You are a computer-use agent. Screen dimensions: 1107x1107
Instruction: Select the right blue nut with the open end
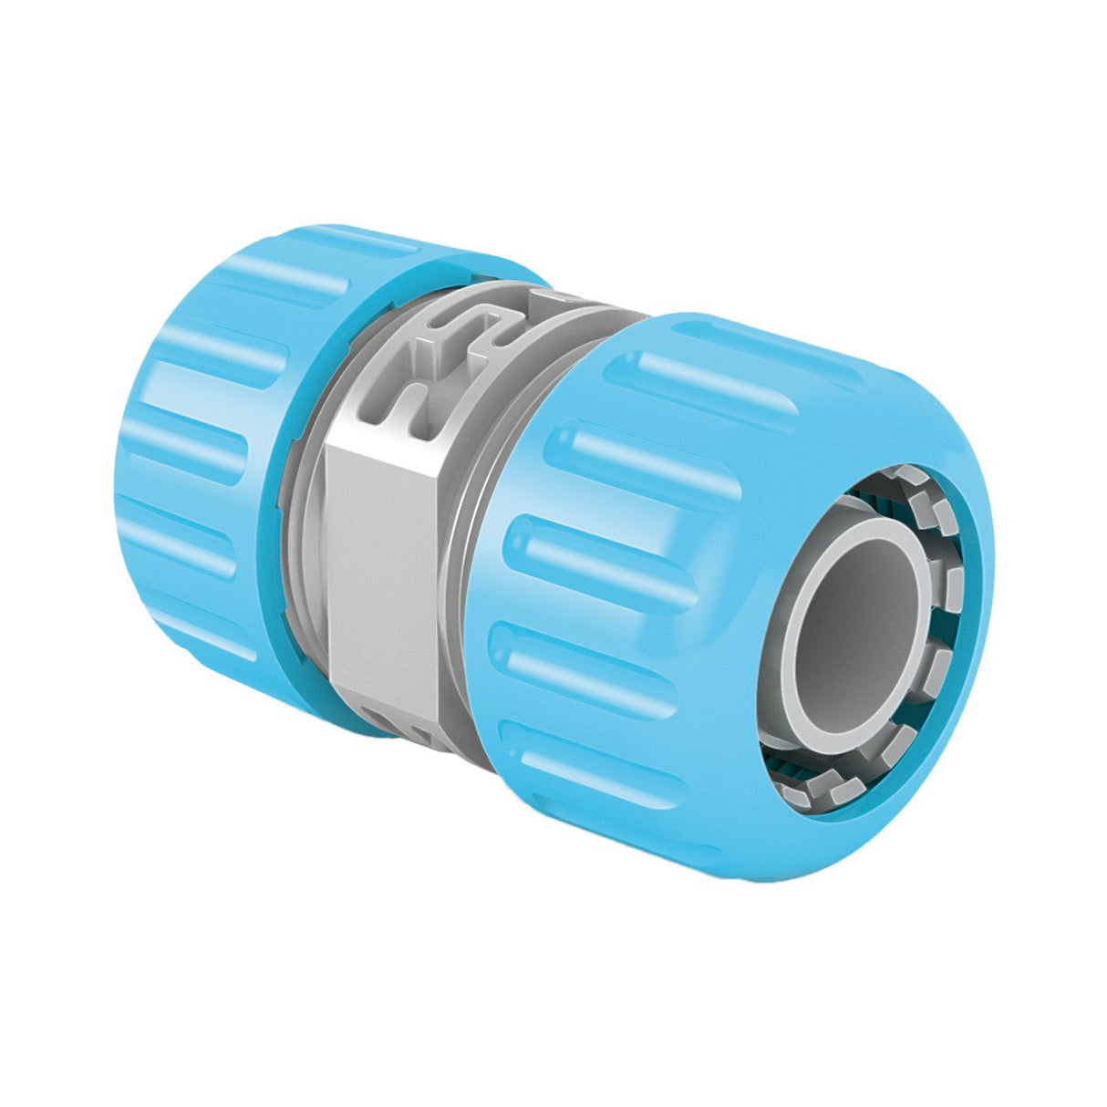[x=638, y=547]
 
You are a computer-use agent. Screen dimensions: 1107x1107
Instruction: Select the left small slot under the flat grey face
[x=383, y=720]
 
